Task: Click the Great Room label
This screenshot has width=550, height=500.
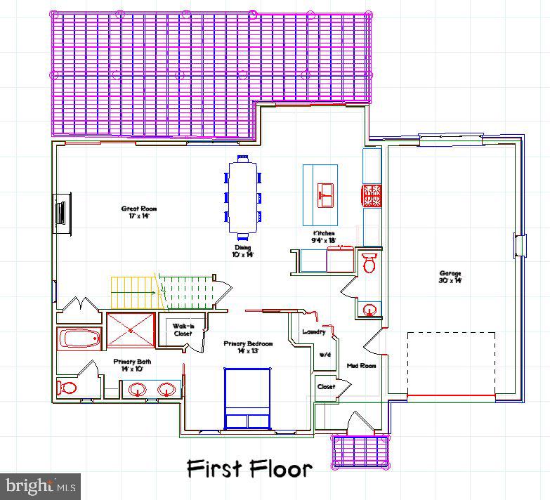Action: pyautogui.click(x=138, y=212)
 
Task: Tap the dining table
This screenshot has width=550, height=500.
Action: pyautogui.click(x=242, y=197)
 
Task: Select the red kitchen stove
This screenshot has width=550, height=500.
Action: pyautogui.click(x=372, y=196)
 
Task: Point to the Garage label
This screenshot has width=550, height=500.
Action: pyautogui.click(x=450, y=277)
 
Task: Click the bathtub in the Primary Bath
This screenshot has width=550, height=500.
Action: pyautogui.click(x=80, y=339)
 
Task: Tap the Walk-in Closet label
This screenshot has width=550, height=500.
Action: pyautogui.click(x=183, y=329)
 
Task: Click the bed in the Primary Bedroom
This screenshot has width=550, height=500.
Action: pyautogui.click(x=247, y=398)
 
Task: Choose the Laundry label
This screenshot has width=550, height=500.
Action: pyautogui.click(x=313, y=331)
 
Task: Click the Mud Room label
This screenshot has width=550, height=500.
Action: pyautogui.click(x=361, y=366)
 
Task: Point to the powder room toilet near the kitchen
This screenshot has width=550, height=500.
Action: pyautogui.click(x=369, y=263)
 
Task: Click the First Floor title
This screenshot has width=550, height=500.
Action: pyautogui.click(x=249, y=468)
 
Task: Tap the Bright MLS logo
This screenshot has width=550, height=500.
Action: pyautogui.click(x=40, y=486)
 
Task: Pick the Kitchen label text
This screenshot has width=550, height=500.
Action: pyautogui.click(x=324, y=237)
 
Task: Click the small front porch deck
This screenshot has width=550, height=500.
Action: pyautogui.click(x=360, y=450)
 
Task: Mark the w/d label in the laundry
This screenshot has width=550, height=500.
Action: pyautogui.click(x=325, y=355)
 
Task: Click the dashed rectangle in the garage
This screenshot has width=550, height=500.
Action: pyautogui.click(x=451, y=364)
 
